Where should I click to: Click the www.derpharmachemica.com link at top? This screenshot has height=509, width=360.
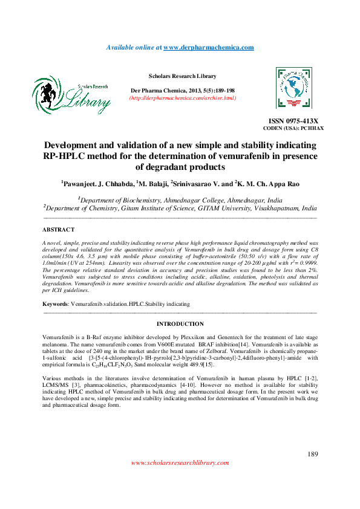(209, 47)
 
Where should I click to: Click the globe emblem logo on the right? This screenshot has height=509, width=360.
(293, 88)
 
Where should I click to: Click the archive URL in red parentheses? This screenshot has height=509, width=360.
(182, 97)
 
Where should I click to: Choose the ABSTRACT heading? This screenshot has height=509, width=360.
(58, 230)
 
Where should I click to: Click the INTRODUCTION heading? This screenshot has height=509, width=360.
(180, 324)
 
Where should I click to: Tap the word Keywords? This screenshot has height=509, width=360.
(55, 303)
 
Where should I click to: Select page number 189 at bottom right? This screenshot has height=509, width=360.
(313, 453)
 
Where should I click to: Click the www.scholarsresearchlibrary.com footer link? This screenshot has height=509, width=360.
(180, 462)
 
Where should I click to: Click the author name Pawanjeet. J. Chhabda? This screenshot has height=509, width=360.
(98, 183)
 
